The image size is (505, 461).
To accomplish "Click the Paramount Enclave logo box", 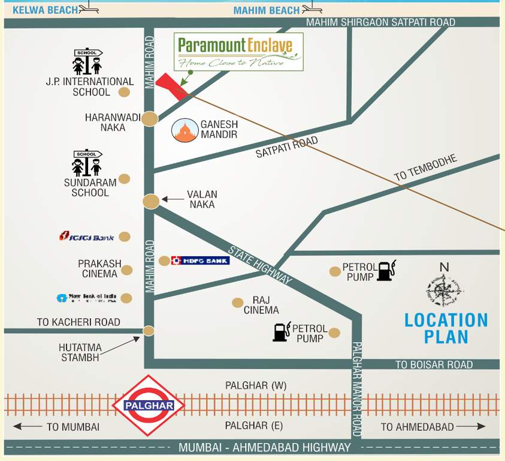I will (238, 52).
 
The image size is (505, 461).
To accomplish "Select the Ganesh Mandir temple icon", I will (184, 131).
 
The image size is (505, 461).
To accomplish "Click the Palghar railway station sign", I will (149, 405).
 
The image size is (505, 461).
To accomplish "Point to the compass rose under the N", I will (444, 291).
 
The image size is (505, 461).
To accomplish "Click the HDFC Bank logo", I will (200, 261).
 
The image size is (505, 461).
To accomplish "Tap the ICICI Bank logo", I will (86, 237).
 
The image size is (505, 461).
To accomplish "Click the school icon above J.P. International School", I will (87, 61).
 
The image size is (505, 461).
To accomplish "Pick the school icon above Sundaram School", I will (87, 163).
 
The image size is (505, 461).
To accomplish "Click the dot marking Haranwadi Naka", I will (149, 119).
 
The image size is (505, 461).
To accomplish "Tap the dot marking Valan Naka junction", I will (151, 201).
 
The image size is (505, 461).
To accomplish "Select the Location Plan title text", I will (446, 328).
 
